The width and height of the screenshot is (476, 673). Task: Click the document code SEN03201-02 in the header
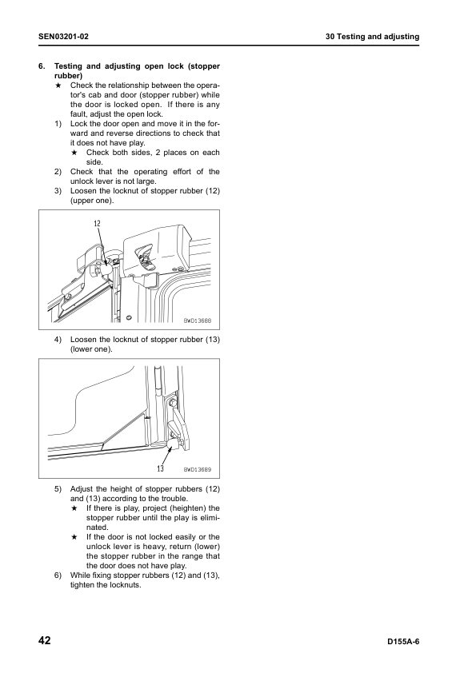tap(63, 37)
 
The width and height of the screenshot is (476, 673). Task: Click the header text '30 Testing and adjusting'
tap(372, 37)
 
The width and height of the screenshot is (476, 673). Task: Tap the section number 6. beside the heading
tap(42, 66)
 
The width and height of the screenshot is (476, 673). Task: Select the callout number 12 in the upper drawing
tap(97, 223)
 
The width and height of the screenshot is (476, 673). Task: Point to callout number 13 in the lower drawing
tap(160, 468)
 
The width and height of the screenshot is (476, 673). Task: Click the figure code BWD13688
tap(198, 321)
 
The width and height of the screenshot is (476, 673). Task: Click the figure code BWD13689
tap(198, 469)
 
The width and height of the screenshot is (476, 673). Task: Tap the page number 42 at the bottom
tap(45, 641)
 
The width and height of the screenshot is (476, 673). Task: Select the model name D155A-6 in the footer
tap(403, 642)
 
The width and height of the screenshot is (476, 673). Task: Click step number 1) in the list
tap(58, 124)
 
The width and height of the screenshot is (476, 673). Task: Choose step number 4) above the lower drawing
tap(58, 340)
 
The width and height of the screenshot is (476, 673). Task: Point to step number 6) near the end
tap(58, 575)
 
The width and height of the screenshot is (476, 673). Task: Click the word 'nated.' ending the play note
tap(98, 527)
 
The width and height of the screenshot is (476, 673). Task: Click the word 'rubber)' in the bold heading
tap(69, 76)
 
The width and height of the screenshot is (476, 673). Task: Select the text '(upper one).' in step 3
tap(92, 201)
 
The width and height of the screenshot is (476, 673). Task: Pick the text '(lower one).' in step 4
tap(91, 349)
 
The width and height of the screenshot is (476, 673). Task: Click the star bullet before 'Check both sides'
tap(74, 153)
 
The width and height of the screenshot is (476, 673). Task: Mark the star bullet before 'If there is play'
tap(74, 508)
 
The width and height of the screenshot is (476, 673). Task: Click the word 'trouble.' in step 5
tap(174, 499)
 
